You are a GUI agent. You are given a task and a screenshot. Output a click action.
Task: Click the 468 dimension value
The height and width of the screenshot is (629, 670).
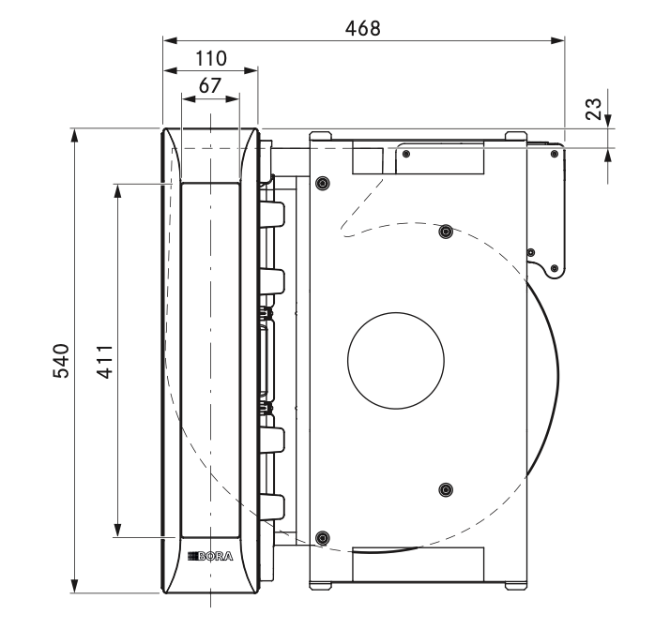point(362,28)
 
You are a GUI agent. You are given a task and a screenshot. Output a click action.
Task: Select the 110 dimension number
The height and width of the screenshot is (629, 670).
point(210,58)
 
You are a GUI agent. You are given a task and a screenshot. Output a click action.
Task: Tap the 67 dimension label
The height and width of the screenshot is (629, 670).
point(210,86)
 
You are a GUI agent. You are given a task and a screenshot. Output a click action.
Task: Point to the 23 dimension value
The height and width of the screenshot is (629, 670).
point(593,109)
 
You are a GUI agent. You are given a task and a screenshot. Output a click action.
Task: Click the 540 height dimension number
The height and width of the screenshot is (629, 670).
point(61,361)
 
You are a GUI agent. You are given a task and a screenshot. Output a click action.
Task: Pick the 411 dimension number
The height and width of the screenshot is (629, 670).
point(105,362)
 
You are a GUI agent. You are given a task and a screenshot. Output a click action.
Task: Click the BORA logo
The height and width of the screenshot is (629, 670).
point(210,556)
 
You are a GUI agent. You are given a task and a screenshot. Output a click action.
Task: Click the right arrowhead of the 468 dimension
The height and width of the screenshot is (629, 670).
point(557,40)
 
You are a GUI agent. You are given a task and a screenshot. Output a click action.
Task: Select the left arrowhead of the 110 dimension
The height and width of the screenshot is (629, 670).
point(170,70)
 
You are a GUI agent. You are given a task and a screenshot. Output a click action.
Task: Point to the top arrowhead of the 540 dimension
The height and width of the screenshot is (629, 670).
point(75,135)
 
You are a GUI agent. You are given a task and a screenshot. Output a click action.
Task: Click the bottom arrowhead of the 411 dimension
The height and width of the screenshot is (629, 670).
point(117,530)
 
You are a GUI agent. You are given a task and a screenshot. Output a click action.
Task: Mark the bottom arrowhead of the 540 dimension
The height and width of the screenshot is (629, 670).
point(75,586)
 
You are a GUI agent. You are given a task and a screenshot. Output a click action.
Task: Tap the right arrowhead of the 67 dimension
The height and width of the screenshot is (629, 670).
point(232,99)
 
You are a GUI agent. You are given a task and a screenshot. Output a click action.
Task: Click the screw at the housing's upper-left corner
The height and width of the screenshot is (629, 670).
point(323,184)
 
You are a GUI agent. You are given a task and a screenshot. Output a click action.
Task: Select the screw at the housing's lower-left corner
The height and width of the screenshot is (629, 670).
point(323,538)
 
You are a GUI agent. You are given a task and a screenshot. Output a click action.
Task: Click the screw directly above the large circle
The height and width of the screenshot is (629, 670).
point(446,232)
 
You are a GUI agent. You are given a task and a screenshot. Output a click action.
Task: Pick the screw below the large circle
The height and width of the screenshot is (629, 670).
point(446,489)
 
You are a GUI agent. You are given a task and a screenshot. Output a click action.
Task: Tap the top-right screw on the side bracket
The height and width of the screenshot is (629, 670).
point(555,154)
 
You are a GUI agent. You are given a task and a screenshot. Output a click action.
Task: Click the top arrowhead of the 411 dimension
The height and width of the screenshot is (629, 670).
point(117,191)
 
